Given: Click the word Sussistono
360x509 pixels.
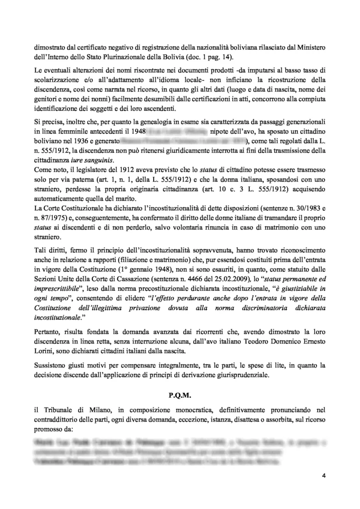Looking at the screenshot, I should pyautogui.click(x=52, y=365).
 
